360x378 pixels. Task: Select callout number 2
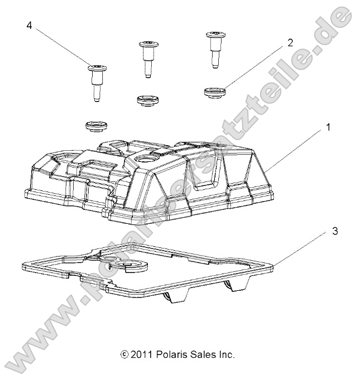pyautogui.click(x=290, y=41)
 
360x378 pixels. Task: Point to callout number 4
pyautogui.click(x=28, y=26)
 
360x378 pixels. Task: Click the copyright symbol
pyautogui.click(x=124, y=354)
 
